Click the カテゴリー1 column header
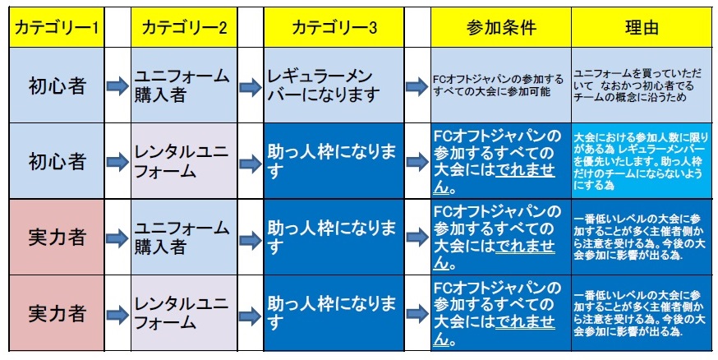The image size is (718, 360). point(57,27)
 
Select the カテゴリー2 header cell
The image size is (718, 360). point(184,27)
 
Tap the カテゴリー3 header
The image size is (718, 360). point(334,27)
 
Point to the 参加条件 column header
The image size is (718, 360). point(501,27)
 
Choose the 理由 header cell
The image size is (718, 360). point(642,27)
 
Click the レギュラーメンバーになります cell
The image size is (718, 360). point(334,85)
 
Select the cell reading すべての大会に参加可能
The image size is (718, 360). point(501,85)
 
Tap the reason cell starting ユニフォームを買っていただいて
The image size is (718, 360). point(642,85)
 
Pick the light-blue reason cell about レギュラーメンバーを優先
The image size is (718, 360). point(642,161)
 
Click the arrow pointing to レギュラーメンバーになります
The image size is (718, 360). point(251,87)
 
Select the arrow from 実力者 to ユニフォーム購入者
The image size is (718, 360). point(117,238)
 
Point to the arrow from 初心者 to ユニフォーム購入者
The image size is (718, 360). point(117,86)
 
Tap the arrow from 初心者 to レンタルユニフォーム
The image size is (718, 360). point(117,162)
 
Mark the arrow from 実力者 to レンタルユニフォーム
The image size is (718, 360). point(117,315)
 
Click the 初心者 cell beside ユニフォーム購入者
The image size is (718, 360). point(57,85)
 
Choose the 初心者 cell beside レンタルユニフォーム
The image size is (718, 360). point(57,161)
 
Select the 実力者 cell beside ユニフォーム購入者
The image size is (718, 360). point(57,238)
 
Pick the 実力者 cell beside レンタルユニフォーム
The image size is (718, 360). point(57,313)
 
